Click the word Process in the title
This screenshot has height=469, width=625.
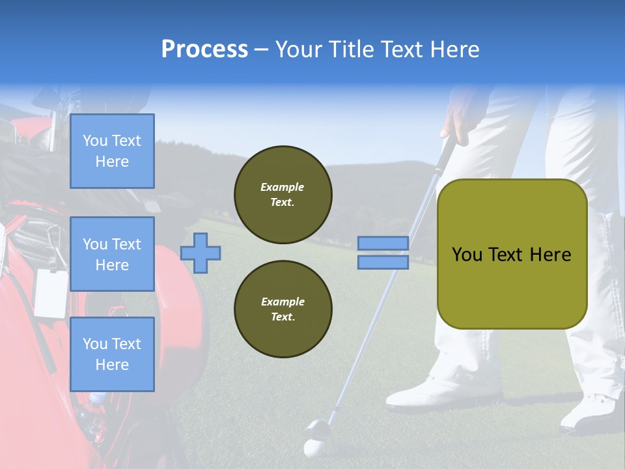coord(204,50)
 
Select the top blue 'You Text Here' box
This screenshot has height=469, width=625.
coord(112,151)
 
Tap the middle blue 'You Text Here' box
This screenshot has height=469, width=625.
coord(112,254)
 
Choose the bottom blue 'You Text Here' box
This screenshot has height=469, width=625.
coord(112,354)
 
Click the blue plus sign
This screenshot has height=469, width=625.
coord(201,253)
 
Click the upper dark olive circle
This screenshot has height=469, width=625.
coord(283,195)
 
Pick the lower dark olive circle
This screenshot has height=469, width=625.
coord(283,309)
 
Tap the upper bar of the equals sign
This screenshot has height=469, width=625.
coord(383,244)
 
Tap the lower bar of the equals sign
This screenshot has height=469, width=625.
coord(383,262)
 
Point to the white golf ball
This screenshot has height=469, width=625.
coord(313,449)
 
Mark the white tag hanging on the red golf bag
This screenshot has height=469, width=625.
coord(51,292)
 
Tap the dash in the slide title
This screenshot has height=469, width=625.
coord(262,50)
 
